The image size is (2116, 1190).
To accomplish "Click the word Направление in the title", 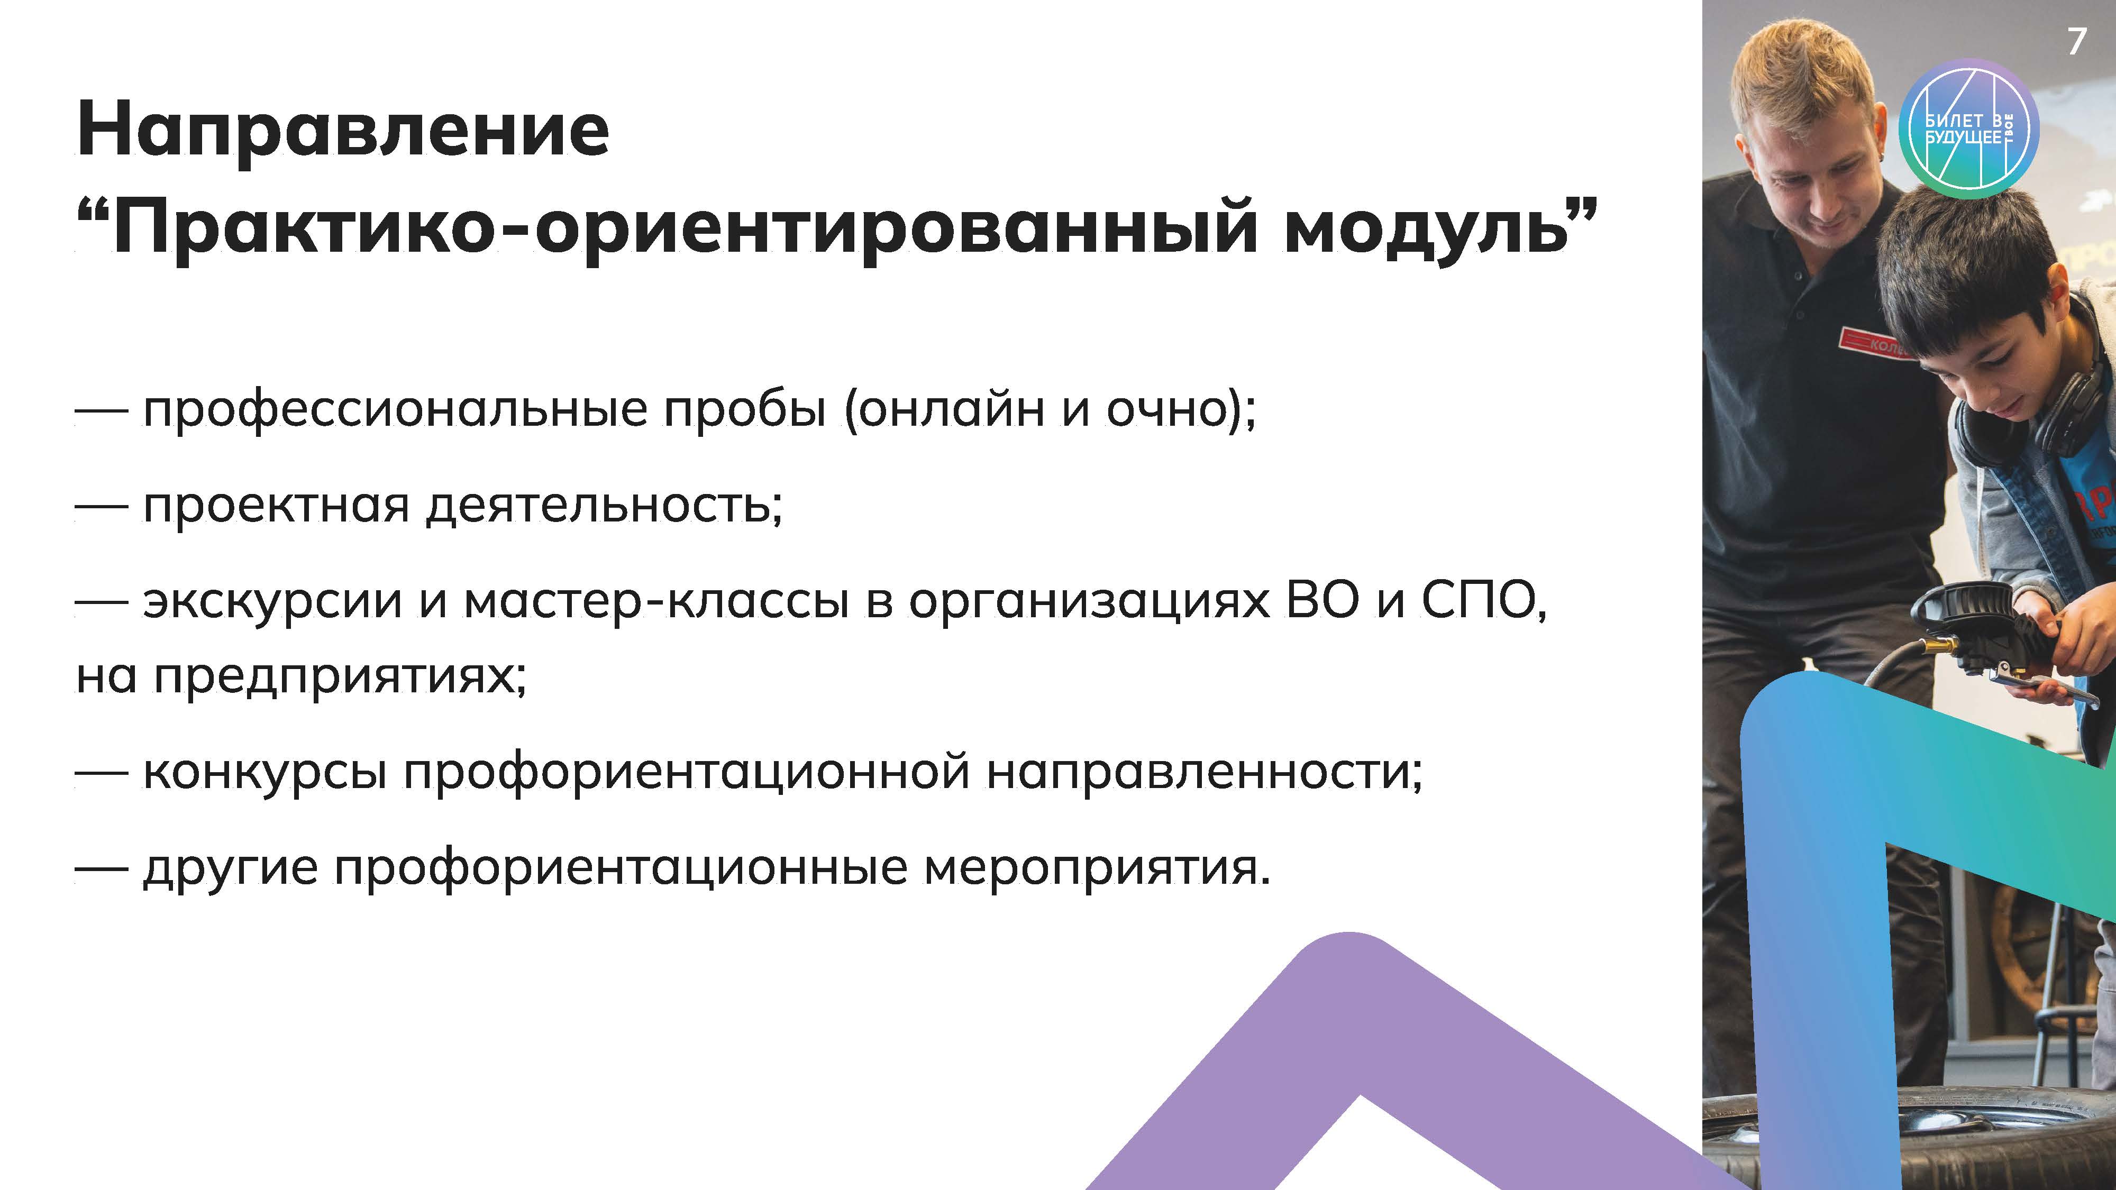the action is pyautogui.click(x=343, y=129).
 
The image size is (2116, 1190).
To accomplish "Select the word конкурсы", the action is pyautogui.click(x=264, y=773).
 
